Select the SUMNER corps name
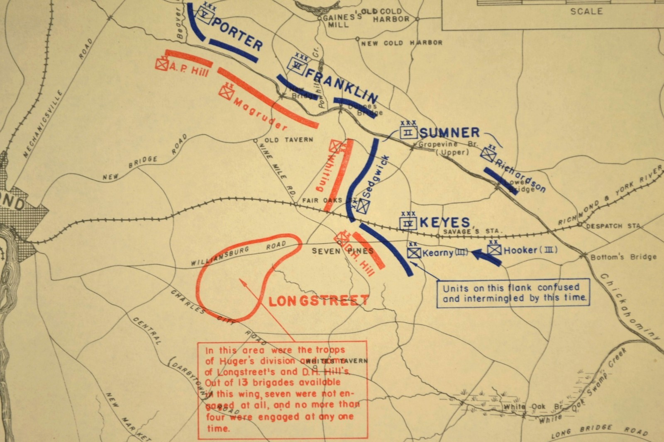coord(449,133)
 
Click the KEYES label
coord(444,223)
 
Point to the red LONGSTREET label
coord(319,300)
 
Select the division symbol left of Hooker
coord(494,250)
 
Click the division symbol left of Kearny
coord(414,253)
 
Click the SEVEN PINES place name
coord(342,251)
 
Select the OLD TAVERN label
coord(288,140)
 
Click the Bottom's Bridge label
coord(623,257)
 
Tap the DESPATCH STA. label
coord(613,226)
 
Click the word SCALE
coord(586,11)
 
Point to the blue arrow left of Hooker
coord(486,256)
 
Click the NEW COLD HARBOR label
coord(401,43)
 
